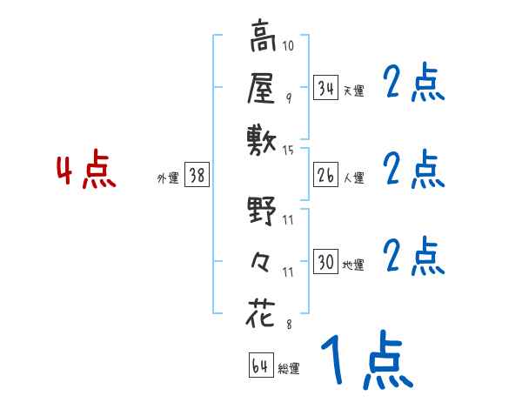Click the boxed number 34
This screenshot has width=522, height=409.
325,88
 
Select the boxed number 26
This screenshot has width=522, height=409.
325,175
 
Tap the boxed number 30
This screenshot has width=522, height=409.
325,262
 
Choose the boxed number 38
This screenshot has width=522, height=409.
197,175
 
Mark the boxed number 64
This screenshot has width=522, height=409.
260,366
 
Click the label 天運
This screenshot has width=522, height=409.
353,91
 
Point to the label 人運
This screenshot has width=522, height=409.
353,178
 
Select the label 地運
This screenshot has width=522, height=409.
353,265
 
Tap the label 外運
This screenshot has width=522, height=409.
167,178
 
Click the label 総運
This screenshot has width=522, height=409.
289,369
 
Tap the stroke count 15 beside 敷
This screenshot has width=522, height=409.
289,150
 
